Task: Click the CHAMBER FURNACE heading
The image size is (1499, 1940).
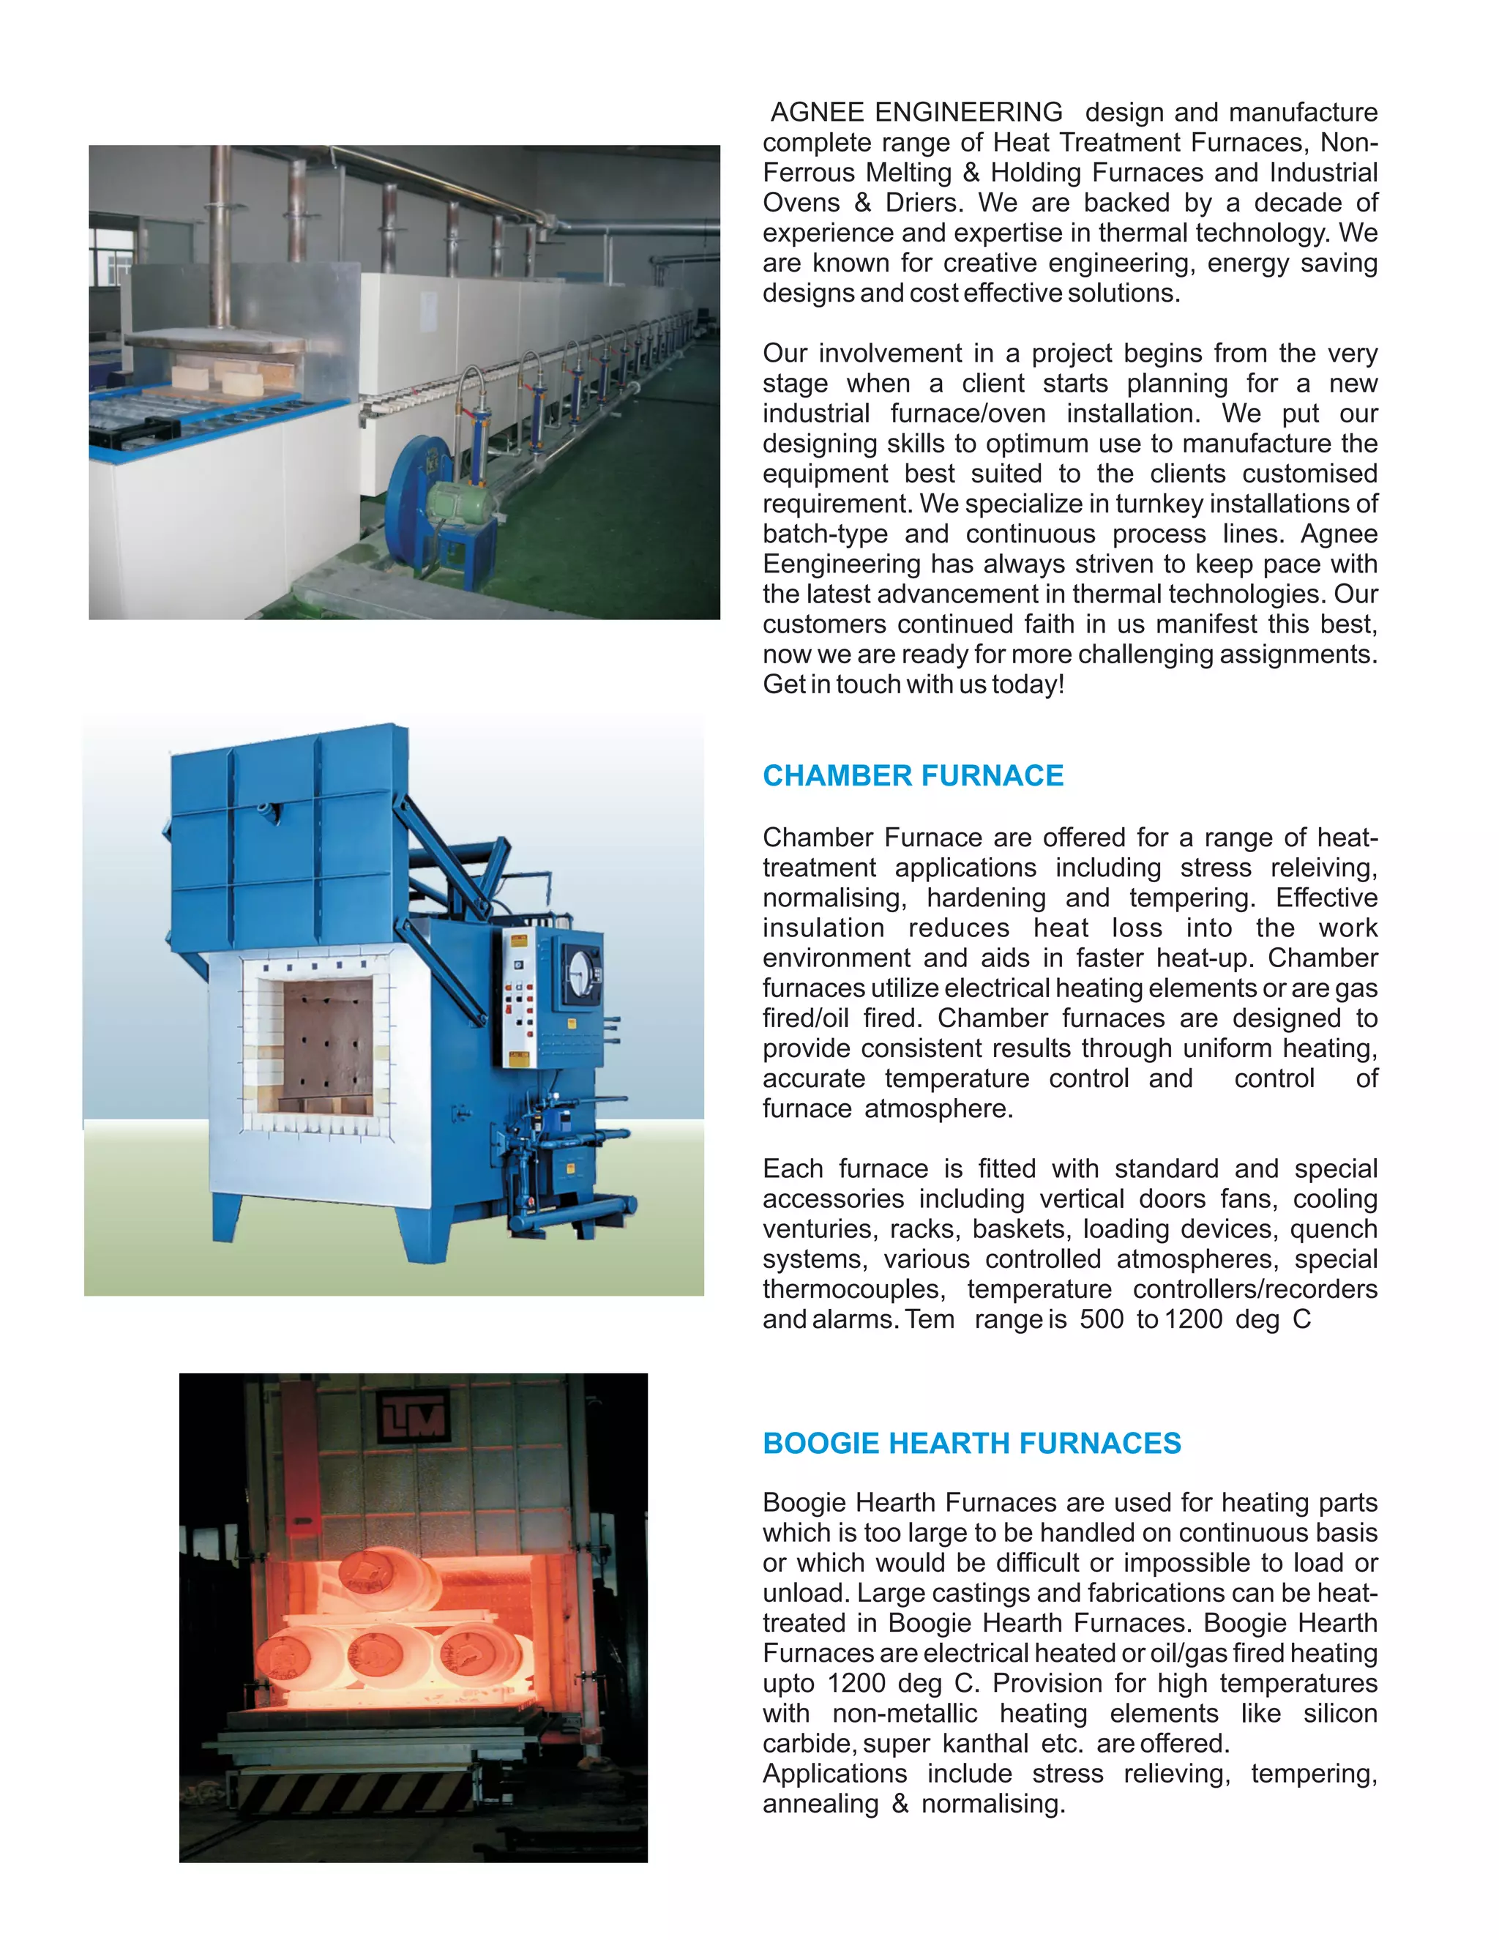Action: (x=912, y=775)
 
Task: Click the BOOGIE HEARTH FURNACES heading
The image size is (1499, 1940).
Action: (x=971, y=1443)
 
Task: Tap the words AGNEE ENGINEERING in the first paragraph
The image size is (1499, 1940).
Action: (x=916, y=112)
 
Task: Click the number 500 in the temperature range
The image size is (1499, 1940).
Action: (x=1101, y=1319)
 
